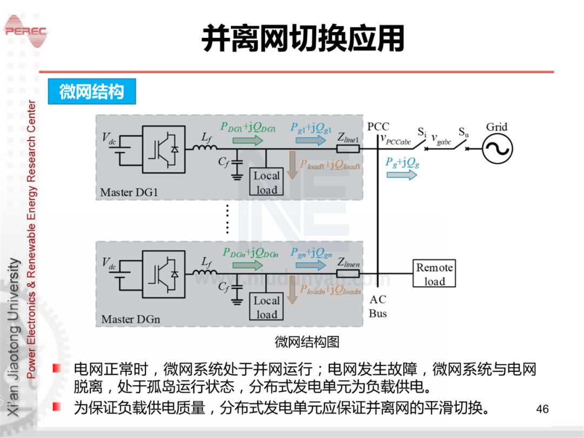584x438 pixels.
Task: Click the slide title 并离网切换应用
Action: pos(303,39)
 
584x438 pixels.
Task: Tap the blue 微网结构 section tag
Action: pos(91,92)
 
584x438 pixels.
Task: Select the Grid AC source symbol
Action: pos(497,148)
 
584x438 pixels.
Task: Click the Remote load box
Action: pos(434,274)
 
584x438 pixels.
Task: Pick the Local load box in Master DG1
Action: pos(267,182)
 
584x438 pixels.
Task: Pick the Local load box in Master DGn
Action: pos(267,307)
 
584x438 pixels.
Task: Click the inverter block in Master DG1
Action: pos(164,149)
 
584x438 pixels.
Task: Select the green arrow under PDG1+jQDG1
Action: pos(248,141)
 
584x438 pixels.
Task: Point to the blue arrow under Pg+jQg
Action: pos(402,175)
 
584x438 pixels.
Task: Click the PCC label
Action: pos(378,127)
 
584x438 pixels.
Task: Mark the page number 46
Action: pos(542,409)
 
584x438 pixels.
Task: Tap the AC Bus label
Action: pos(378,307)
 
